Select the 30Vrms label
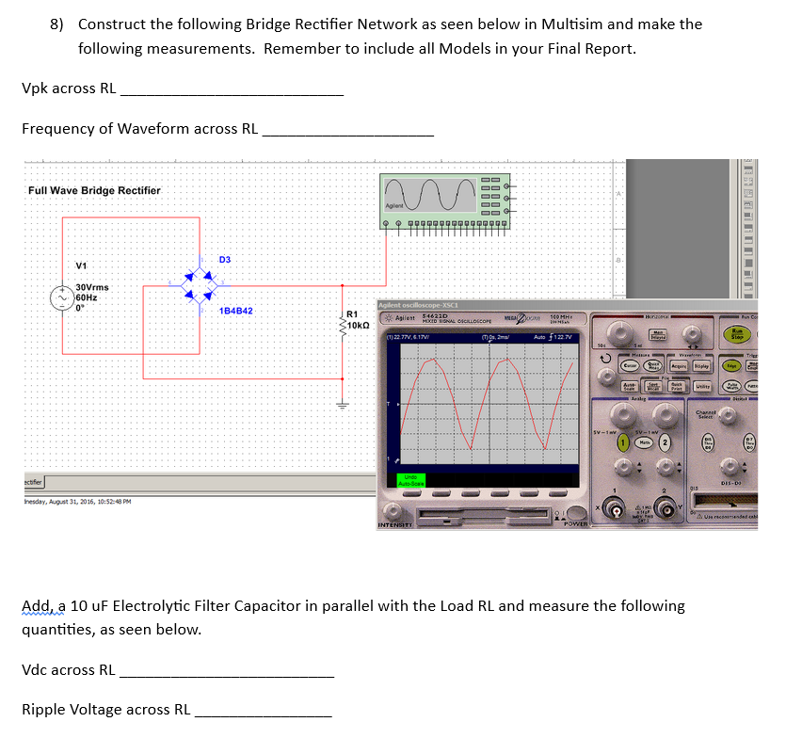[92, 287]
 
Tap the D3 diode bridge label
[225, 259]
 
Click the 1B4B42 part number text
[234, 311]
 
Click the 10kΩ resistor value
[361, 325]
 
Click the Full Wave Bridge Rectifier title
[94, 190]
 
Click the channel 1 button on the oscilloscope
[622, 443]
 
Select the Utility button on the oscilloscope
[701, 387]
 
